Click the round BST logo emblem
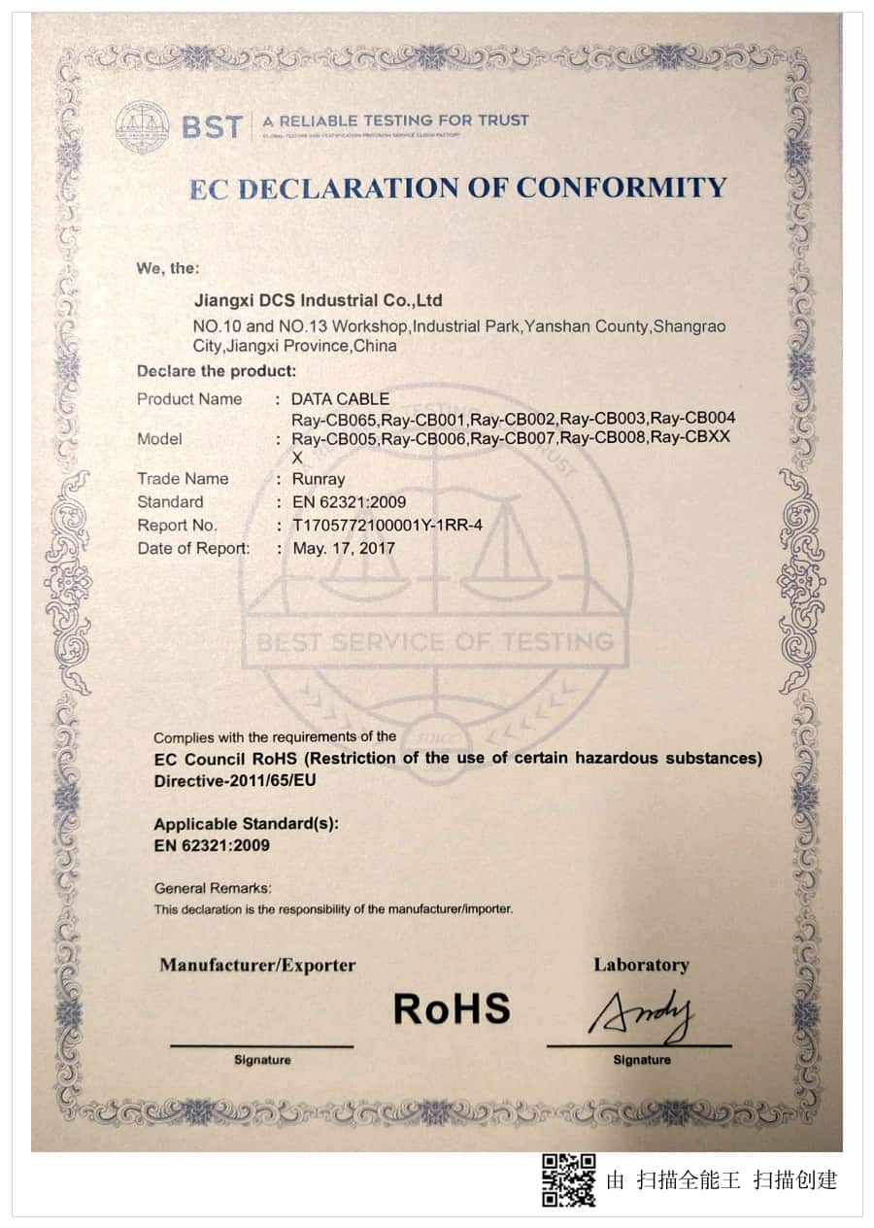point(142,127)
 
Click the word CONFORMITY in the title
point(621,188)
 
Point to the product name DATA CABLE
point(340,399)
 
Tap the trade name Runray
point(319,479)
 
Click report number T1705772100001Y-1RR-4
point(393,526)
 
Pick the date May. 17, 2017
point(344,549)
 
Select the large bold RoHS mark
point(452,1009)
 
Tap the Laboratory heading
point(641,965)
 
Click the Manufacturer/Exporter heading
point(257,966)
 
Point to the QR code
point(568,1179)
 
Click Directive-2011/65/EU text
point(235,780)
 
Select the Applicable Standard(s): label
point(246,824)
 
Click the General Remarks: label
point(213,888)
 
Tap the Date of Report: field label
point(193,549)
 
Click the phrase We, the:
point(168,268)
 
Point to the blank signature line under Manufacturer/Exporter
point(261,1045)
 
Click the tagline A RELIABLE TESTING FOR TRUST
point(395,121)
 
